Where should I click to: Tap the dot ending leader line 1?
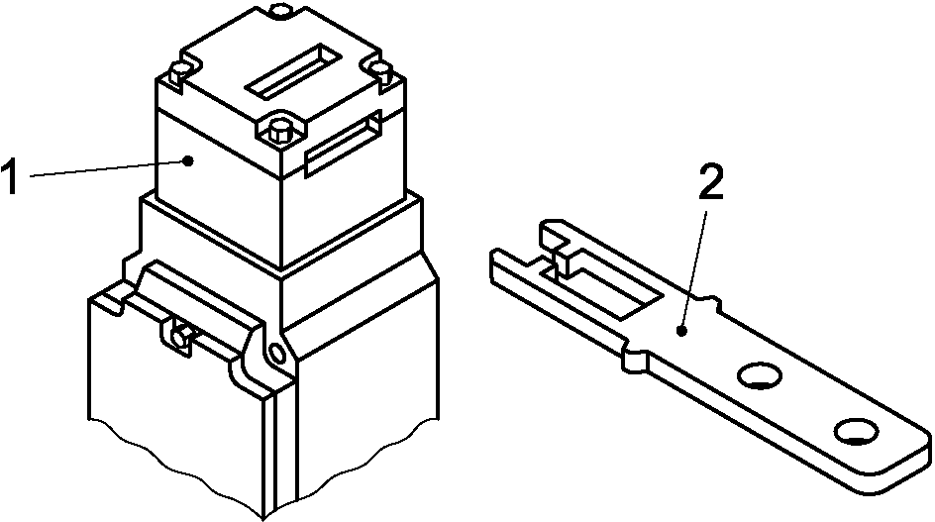[x=188, y=159]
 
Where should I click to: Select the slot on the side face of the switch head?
[x=344, y=144]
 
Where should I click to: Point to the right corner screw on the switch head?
[x=380, y=70]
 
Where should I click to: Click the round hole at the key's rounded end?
[x=857, y=432]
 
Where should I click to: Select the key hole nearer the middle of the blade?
[x=759, y=375]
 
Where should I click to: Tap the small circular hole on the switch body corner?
[x=276, y=353]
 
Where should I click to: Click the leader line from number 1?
[x=106, y=167]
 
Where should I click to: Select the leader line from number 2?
[x=696, y=267]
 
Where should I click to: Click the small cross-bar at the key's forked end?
[x=560, y=258]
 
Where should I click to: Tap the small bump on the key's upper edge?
[x=708, y=300]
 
